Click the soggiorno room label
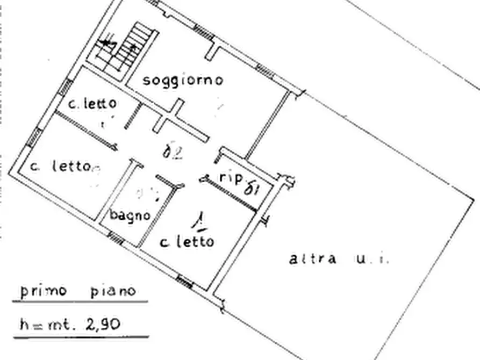(183, 80)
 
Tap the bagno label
(130, 215)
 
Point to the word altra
(313, 259)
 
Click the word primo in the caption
(43, 291)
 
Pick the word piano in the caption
(112, 291)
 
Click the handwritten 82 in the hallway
(173, 153)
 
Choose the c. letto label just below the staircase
(92, 103)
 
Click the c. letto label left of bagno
(59, 167)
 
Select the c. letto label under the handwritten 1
(187, 242)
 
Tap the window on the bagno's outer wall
(115, 237)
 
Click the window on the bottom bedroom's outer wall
(184, 280)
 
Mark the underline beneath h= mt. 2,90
(81, 337)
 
